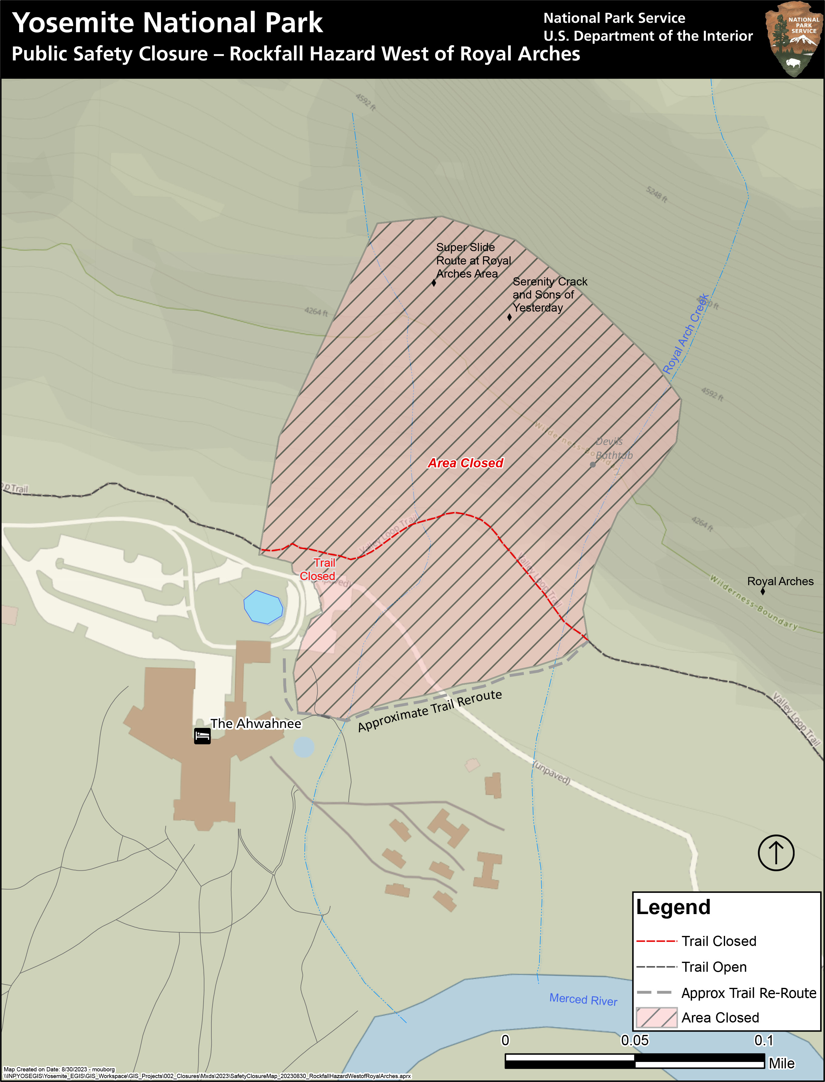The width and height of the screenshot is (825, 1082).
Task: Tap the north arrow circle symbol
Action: [x=776, y=853]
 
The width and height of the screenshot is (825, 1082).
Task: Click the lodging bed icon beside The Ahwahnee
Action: [x=202, y=736]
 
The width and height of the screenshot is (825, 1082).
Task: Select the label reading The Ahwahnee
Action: [x=256, y=724]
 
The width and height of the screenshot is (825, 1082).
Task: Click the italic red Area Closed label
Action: [x=466, y=463]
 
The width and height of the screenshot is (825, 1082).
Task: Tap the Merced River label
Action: [x=583, y=999]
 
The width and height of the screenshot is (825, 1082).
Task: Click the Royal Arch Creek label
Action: [x=686, y=334]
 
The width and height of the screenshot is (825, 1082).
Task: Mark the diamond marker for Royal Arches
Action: [x=763, y=591]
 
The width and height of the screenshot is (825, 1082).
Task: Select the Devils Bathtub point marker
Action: [x=593, y=464]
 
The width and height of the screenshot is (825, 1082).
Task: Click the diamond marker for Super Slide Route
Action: [x=434, y=282]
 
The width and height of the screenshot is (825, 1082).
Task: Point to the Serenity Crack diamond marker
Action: [x=509, y=317]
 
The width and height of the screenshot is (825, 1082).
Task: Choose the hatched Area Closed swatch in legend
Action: [x=656, y=1018]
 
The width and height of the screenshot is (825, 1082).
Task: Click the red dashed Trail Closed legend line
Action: [x=656, y=941]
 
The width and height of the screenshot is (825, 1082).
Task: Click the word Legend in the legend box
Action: [x=673, y=907]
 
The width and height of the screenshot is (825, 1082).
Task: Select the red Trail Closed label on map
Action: [x=318, y=569]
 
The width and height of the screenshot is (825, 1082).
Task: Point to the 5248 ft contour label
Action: [x=656, y=194]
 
